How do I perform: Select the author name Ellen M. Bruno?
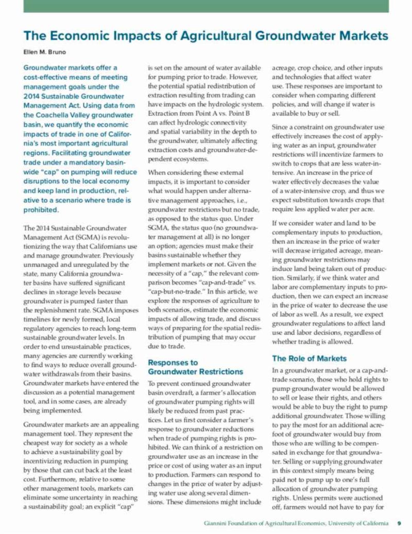[x=45, y=52]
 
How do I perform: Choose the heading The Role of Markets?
[x=309, y=358]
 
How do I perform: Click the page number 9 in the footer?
[x=399, y=524]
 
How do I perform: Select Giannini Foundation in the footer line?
[x=232, y=524]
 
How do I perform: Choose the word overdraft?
[x=167, y=394]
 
